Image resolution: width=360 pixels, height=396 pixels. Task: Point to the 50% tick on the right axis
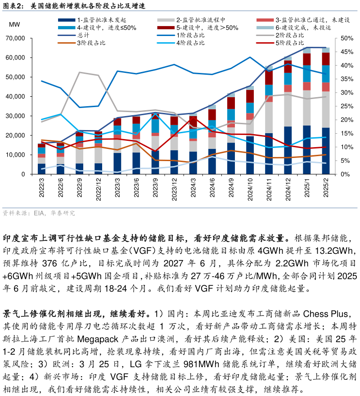pos(347,38)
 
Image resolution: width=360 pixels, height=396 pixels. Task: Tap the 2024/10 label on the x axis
pos(250,188)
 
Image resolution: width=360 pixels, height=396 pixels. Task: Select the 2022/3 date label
pos(42,188)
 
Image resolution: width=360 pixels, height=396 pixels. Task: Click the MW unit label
pos(14,25)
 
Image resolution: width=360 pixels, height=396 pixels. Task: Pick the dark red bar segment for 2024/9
pos(231,103)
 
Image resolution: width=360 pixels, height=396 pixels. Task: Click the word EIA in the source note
pos(39,213)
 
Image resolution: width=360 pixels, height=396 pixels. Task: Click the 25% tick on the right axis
pos(347,106)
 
